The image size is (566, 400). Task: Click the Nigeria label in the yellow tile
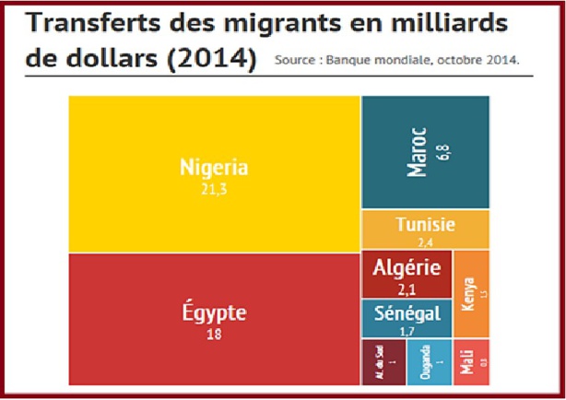pyautogui.click(x=214, y=168)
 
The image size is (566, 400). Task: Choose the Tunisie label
pyautogui.click(x=425, y=224)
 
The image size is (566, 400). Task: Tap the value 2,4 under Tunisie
pyautogui.click(x=425, y=241)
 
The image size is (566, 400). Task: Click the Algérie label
pyautogui.click(x=407, y=269)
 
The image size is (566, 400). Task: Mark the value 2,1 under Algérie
pyautogui.click(x=407, y=288)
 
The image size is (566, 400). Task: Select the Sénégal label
pyautogui.click(x=407, y=313)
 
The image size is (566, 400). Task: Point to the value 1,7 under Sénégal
pyautogui.click(x=407, y=330)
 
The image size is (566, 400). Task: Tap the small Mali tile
pyautogui.click(x=471, y=361)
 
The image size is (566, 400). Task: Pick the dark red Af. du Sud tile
pyautogui.click(x=383, y=361)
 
